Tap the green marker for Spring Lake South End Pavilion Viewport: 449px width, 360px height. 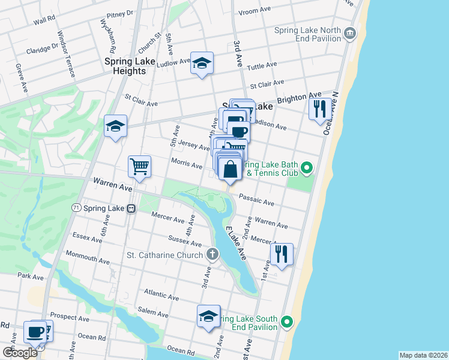288,323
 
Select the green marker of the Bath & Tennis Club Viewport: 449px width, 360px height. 307,167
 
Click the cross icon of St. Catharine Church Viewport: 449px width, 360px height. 212,255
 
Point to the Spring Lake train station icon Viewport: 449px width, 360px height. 130,208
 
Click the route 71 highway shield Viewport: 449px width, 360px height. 76,208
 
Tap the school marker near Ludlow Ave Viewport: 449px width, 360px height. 202,62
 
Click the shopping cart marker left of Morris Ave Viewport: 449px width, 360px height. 139,166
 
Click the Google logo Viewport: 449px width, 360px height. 20,352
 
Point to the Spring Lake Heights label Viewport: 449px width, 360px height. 125,66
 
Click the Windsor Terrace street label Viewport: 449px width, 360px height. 66,55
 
